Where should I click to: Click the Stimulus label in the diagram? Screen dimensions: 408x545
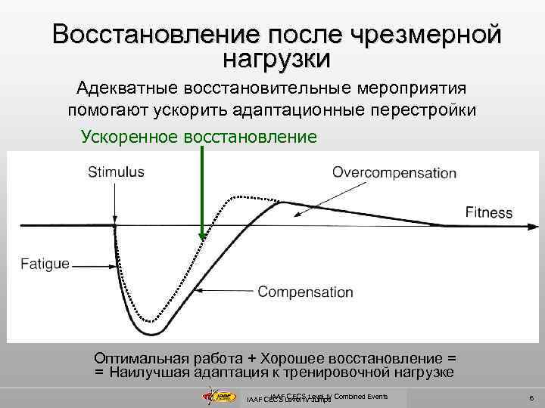click(x=116, y=172)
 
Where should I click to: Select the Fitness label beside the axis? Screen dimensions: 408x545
click(x=488, y=212)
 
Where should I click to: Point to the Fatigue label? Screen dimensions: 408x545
click(x=45, y=264)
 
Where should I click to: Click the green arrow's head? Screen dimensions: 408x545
click(x=202, y=236)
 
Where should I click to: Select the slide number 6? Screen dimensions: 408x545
click(x=532, y=397)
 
